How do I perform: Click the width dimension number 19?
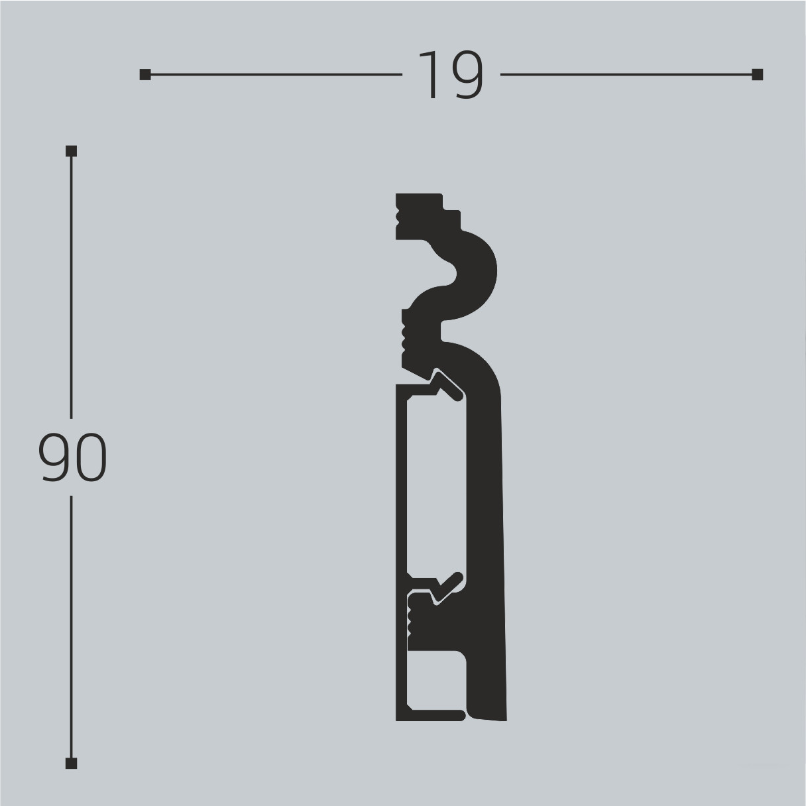tap(451, 75)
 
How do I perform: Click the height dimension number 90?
tap(72, 457)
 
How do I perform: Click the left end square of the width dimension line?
tap(145, 75)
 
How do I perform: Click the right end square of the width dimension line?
tap(758, 75)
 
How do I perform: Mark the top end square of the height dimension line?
tap(72, 151)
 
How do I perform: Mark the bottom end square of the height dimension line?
tap(72, 763)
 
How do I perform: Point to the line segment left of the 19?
tap(275, 75)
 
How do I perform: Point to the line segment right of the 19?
tap(626, 75)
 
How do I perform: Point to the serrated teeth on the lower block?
tap(410, 616)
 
